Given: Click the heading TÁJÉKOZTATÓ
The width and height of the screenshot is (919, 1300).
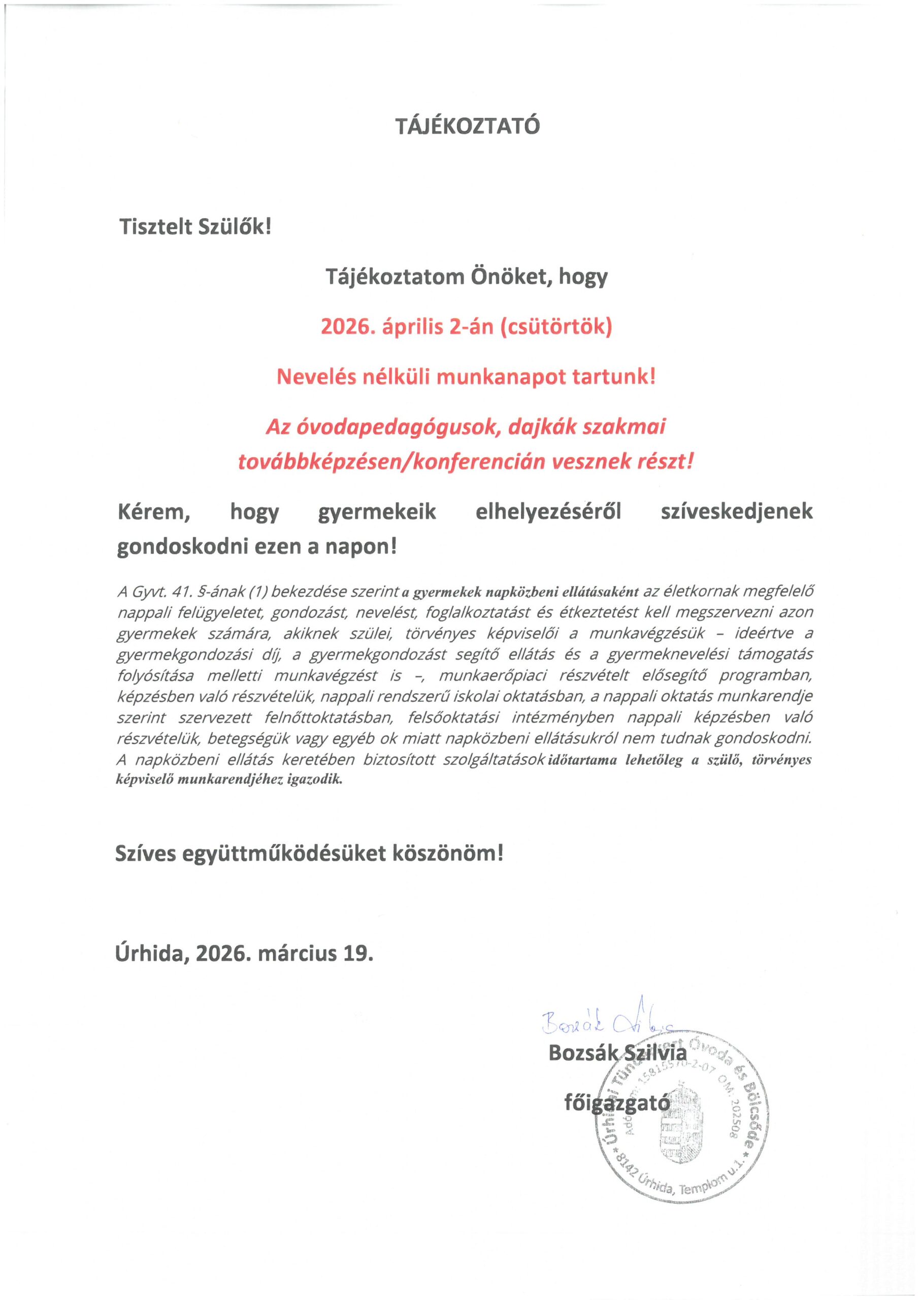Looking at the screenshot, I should (x=467, y=126).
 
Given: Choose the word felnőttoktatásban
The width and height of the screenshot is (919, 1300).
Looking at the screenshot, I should (x=329, y=718).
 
